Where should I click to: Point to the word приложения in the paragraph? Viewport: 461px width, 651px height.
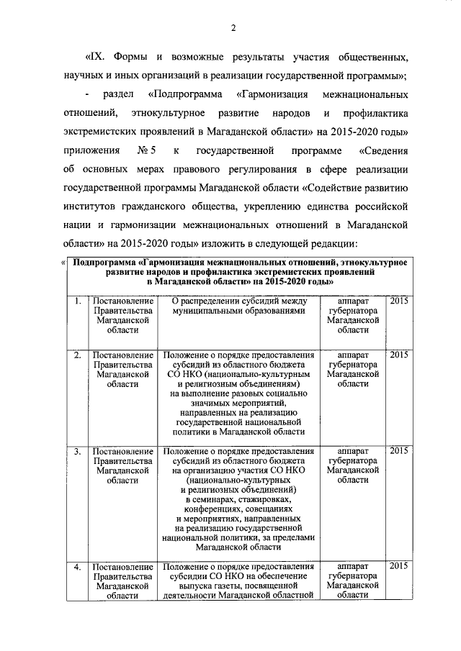[89, 152]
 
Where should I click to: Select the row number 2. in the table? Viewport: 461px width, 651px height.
[76, 355]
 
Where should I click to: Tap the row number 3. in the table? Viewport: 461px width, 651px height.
[76, 451]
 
